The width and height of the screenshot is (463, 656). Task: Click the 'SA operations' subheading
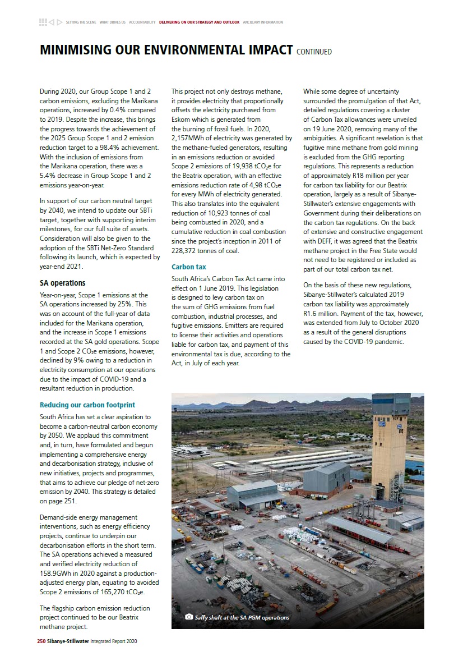pos(62,283)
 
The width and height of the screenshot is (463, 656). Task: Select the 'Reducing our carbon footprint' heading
pos(87,405)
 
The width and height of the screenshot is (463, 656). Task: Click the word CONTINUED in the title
pos(314,52)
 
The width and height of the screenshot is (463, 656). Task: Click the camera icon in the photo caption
pos(189,617)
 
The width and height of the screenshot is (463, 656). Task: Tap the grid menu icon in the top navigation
pos(43,22)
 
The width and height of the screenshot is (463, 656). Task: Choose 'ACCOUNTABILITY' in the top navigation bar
pos(142,22)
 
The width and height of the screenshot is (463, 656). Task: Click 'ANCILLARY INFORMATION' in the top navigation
pos(263,22)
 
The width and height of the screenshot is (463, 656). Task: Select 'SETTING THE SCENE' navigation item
pos(81,22)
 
